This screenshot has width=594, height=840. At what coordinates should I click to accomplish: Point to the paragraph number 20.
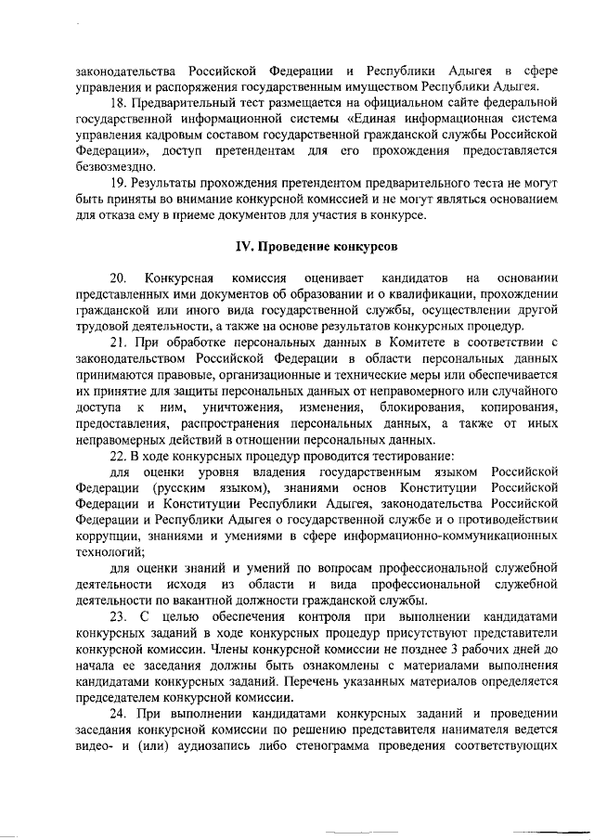tap(119, 278)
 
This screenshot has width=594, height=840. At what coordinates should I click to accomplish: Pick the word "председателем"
tap(120, 699)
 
